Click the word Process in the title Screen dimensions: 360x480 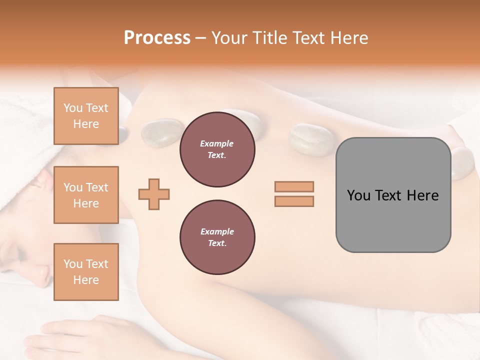[157, 38]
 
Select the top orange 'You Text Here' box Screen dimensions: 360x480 [86, 116]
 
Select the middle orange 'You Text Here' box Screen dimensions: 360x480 [86, 195]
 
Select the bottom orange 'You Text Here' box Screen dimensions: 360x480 [86, 272]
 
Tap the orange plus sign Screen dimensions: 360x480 [154, 194]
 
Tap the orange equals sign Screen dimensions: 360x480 [294, 194]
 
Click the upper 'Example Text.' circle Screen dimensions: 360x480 [217, 149]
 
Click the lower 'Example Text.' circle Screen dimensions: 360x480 [217, 237]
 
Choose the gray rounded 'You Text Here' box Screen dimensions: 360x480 [393, 195]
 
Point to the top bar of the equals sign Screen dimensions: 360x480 [294, 186]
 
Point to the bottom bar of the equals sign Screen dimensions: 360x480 [294, 201]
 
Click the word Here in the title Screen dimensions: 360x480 [346, 38]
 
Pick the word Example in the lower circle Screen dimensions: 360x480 [217, 231]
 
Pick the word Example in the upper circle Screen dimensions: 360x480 [217, 143]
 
